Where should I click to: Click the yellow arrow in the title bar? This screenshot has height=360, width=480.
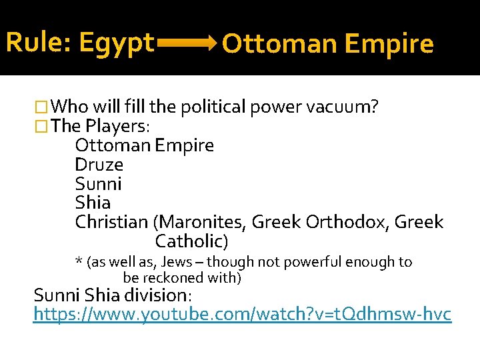[185, 45]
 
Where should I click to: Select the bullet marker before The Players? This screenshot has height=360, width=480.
[41, 125]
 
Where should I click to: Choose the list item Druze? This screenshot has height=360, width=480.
[99, 164]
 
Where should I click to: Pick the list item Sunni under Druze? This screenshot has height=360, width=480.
[98, 183]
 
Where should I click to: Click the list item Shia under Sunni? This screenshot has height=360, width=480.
[93, 203]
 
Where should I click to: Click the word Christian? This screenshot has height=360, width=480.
[111, 222]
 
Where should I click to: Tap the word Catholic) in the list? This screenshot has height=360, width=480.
[191, 241]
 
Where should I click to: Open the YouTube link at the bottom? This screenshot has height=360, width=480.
[242, 313]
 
